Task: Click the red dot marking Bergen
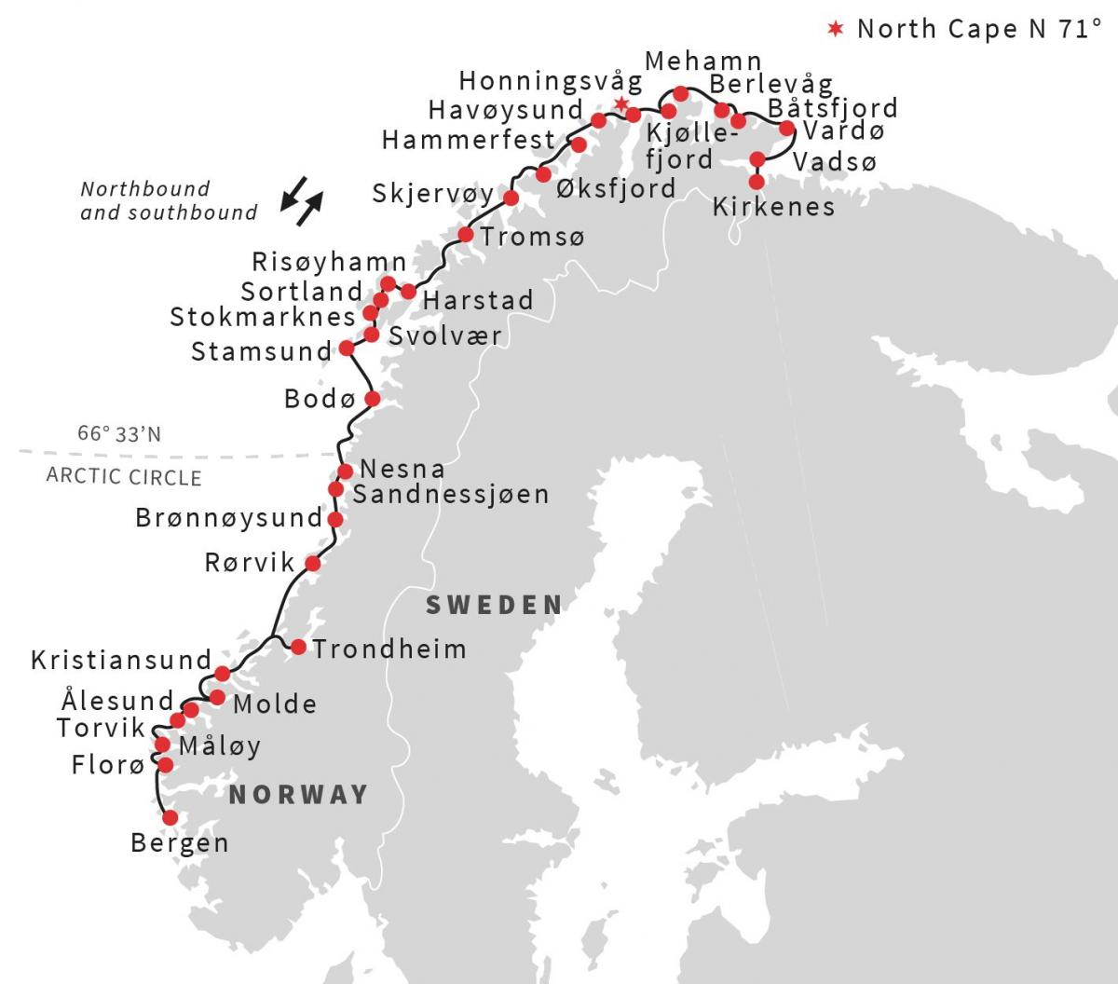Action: [170, 817]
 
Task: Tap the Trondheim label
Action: [389, 649]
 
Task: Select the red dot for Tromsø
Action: [466, 234]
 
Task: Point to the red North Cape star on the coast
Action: [620, 103]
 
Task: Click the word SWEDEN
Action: [495, 606]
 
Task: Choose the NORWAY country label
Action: [299, 795]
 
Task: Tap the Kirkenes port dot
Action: [757, 182]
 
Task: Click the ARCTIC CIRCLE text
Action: [124, 477]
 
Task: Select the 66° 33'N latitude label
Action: [119, 434]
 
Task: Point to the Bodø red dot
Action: [372, 399]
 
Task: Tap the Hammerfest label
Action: [469, 141]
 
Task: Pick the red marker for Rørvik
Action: [313, 563]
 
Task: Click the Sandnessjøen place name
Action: [451, 494]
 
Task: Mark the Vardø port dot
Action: [786, 129]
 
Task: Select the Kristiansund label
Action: [122, 661]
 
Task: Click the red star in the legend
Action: [837, 29]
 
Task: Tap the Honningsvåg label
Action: [551, 80]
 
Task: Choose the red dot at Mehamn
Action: [681, 93]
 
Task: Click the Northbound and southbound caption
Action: [168, 201]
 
